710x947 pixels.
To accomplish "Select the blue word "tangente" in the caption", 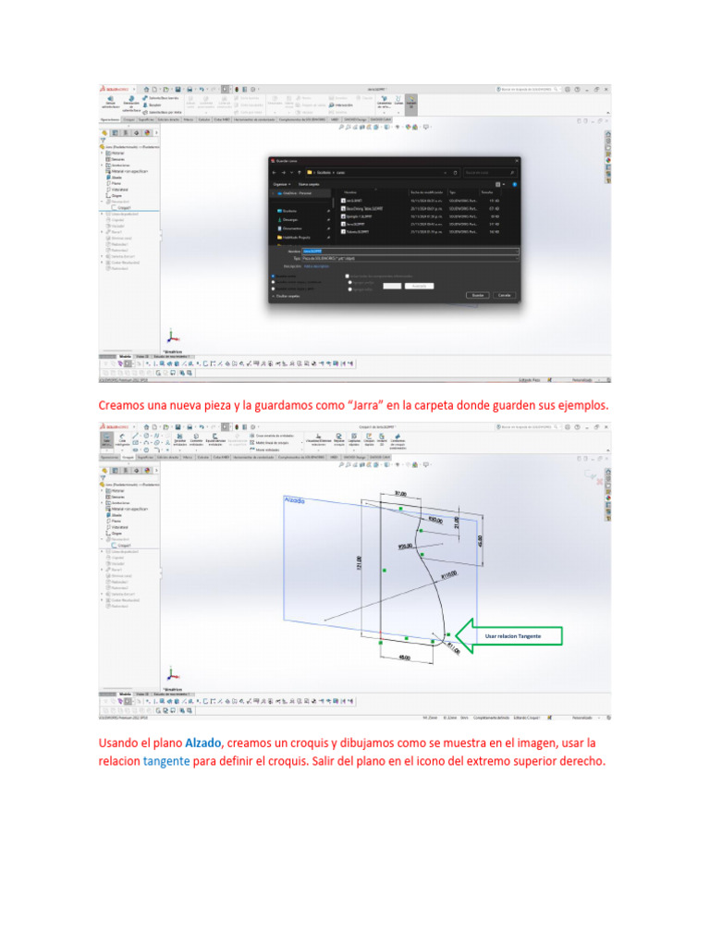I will point(166,761).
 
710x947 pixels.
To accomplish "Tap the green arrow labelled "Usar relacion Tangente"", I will point(509,635).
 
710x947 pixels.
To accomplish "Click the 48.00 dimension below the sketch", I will point(405,658).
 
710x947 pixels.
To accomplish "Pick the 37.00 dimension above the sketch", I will point(400,494).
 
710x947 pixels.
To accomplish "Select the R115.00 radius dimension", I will point(450,575).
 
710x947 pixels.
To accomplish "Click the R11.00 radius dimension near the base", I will point(453,647).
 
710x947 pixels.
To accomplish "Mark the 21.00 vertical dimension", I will point(456,523).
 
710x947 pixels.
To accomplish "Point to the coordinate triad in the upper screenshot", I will point(169,338).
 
